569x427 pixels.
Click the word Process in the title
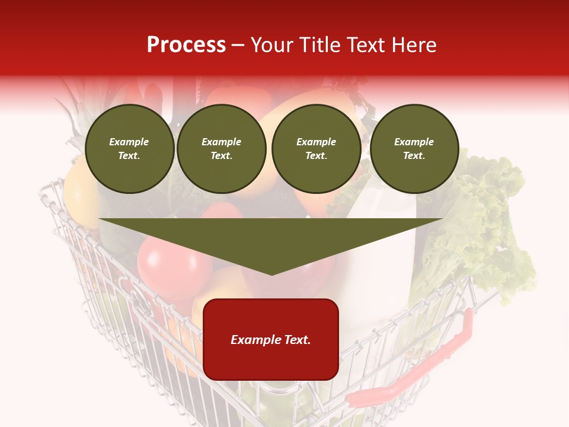pos(186,45)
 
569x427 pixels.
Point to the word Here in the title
pos(413,45)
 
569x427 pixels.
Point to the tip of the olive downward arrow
pos(271,273)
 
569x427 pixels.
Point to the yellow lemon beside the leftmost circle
pos(80,196)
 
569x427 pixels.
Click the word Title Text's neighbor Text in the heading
pos(368,45)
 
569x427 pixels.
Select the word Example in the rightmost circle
pos(414,142)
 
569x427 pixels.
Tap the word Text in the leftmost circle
pos(129,156)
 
